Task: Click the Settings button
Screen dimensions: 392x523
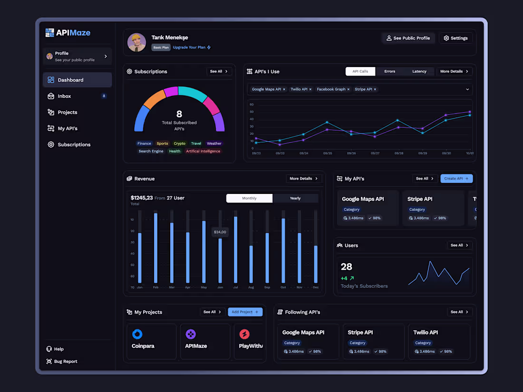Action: [x=455, y=38]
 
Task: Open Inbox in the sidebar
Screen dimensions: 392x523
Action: [x=64, y=96]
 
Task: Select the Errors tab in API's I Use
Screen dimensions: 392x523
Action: [x=390, y=71]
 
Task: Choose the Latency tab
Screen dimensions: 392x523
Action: [x=419, y=71]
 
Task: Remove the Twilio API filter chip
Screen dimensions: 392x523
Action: [x=310, y=89]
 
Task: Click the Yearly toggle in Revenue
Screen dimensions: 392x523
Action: [x=295, y=198]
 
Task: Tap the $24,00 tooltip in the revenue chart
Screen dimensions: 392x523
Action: [x=220, y=232]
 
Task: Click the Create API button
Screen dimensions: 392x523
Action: [x=456, y=179]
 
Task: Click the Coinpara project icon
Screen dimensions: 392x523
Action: [x=137, y=334]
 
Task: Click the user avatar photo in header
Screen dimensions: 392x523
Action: [x=137, y=42]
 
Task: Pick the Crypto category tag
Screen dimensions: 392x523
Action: [x=180, y=143]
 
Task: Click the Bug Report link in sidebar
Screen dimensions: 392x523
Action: [x=65, y=362]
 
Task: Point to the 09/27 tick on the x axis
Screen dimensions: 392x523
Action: [x=375, y=153]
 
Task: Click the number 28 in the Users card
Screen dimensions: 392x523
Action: [x=347, y=267]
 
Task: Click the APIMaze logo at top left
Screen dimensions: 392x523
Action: [x=68, y=33]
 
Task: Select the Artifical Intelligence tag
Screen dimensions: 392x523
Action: [x=203, y=151]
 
